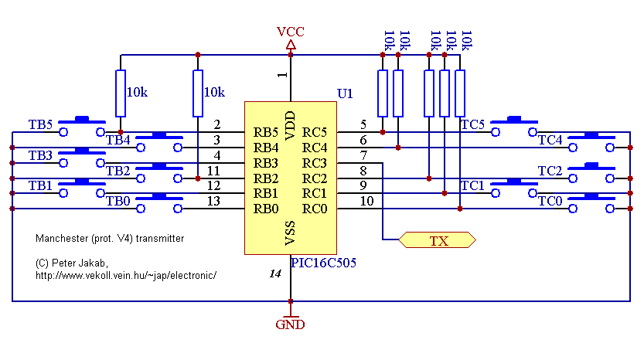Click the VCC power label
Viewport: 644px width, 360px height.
[291, 32]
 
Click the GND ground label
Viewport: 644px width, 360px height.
[291, 324]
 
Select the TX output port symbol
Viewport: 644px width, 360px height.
[438, 240]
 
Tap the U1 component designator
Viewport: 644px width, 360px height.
[345, 93]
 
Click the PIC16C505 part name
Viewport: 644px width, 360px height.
[322, 263]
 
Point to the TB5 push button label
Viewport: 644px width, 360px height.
[40, 124]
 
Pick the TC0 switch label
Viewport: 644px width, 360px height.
[550, 202]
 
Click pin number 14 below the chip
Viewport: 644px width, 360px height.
[275, 273]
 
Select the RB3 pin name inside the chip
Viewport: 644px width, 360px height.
[266, 163]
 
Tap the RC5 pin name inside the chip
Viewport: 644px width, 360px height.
[315, 132]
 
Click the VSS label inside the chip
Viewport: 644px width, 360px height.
[290, 231]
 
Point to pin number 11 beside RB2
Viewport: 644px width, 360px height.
[217, 171]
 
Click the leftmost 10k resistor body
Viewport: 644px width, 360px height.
[121, 93]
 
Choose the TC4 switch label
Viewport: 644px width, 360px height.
[550, 140]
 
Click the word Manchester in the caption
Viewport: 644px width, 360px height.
[60, 239]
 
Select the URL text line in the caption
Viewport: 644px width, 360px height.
[126, 275]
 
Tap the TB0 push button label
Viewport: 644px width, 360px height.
[118, 202]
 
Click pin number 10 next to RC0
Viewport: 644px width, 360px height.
[366, 202]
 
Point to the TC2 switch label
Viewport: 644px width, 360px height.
[550, 171]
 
